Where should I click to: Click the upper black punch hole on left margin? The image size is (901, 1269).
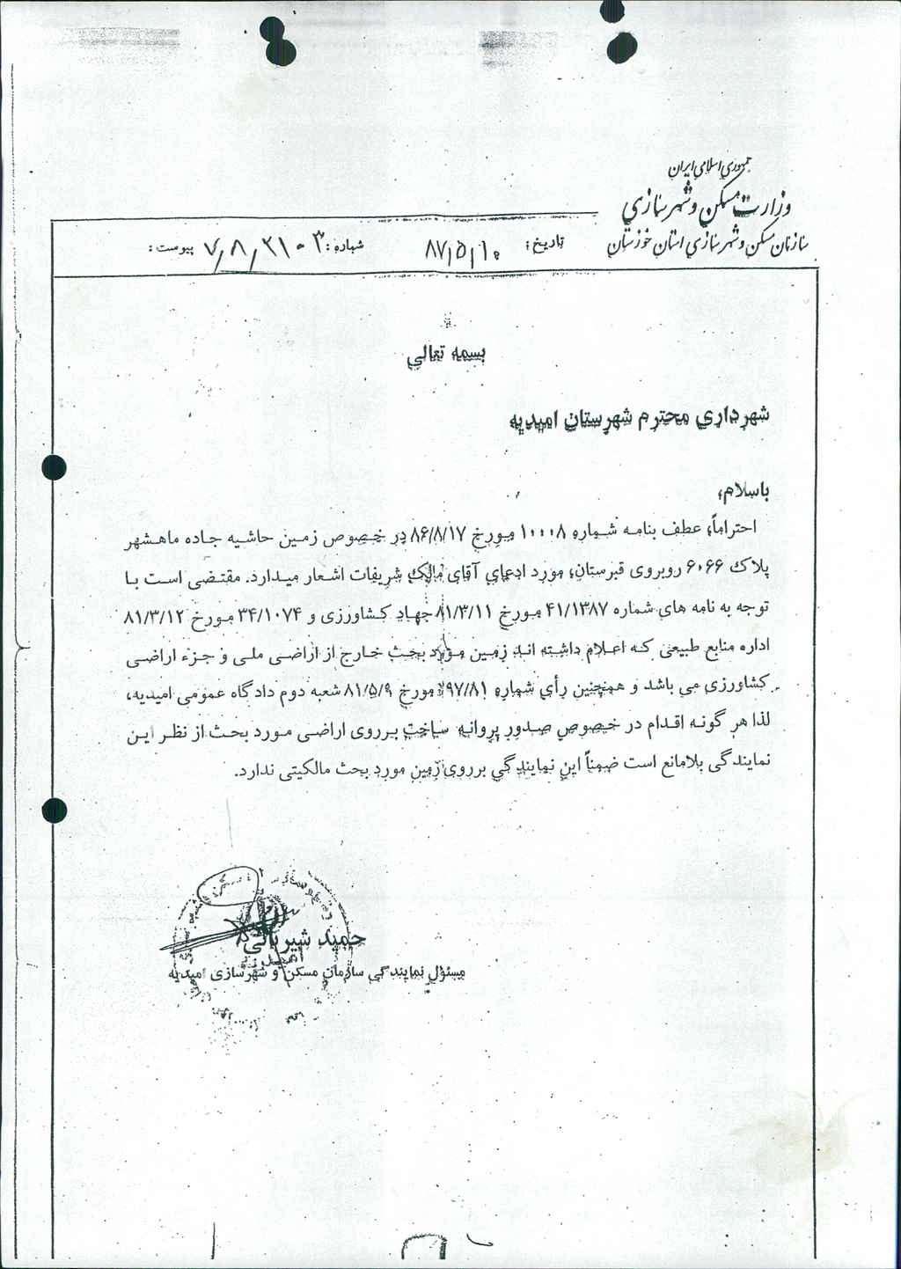(55, 466)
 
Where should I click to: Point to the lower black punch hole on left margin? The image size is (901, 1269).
(55, 808)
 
